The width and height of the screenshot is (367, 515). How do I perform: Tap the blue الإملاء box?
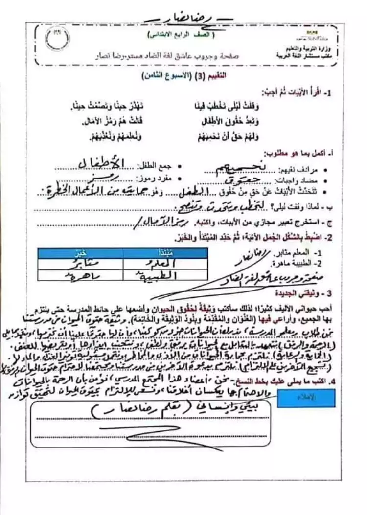[300, 397]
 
